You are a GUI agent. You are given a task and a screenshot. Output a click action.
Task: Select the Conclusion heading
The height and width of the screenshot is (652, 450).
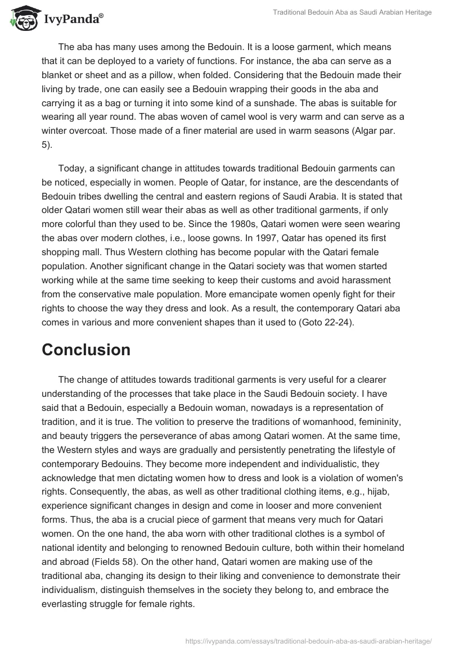(86, 350)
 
